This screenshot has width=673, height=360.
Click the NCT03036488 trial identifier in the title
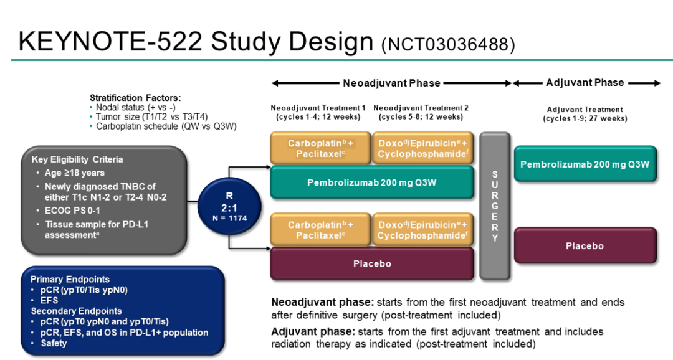coord(448,44)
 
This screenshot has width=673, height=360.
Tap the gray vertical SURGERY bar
coord(495,206)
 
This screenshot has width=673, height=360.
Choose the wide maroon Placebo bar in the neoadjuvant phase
coord(372,263)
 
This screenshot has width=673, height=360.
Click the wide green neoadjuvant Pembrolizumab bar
coord(372,182)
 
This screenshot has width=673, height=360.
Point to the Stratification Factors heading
coord(135,98)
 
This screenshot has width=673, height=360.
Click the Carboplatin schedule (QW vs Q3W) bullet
coord(166,126)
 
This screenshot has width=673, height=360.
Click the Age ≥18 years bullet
coord(75,173)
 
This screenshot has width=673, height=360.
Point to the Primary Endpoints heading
coord(70,279)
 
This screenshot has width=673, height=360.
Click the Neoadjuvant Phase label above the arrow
coord(391,83)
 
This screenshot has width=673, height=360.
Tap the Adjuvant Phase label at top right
coord(585,82)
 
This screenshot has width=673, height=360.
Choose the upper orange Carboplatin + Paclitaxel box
coord(320,148)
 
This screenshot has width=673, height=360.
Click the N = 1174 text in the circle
coord(228,218)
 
